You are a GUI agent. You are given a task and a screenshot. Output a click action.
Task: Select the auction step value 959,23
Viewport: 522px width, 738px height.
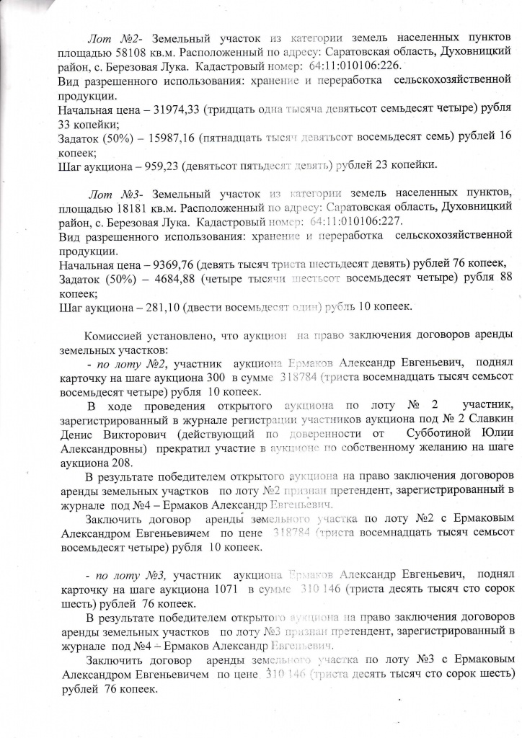[162, 165]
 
